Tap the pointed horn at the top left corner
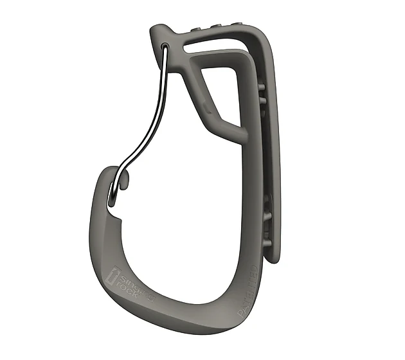pos(156,30)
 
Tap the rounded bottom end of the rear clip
pos(274,257)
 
